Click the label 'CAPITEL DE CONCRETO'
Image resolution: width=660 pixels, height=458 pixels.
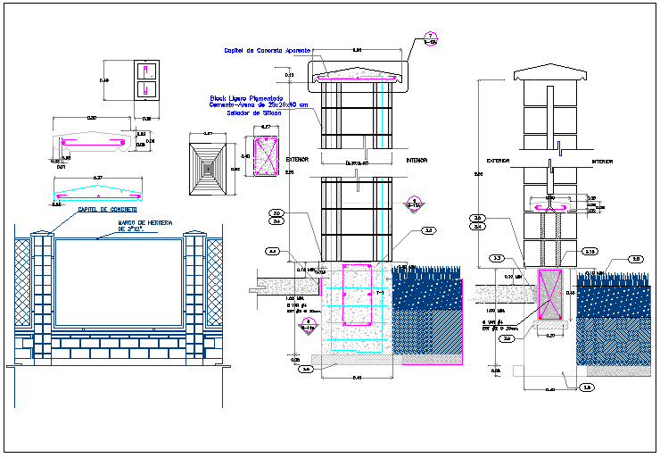click(107, 209)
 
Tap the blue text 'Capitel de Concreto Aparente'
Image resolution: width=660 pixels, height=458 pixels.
click(252, 51)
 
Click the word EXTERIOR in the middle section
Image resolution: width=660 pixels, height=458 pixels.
click(297, 160)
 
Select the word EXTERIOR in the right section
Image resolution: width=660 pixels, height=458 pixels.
click(498, 162)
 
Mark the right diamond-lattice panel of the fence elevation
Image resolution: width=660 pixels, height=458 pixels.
click(214, 282)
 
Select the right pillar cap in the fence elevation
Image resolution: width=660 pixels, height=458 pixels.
click(194, 235)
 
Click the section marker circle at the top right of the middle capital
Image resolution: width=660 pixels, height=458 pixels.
click(431, 38)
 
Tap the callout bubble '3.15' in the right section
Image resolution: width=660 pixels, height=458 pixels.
click(590, 253)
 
